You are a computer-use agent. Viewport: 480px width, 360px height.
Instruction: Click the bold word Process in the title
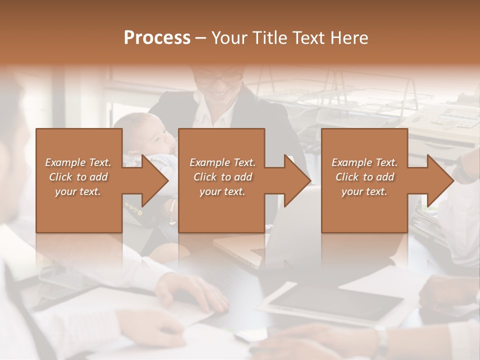[157, 38]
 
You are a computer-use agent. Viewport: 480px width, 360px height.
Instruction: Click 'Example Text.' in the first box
[78, 162]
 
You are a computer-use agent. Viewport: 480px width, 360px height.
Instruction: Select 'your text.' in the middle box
[222, 191]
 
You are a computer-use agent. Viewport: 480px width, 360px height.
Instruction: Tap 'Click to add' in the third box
[365, 177]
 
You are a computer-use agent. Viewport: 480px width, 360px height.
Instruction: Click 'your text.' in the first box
[78, 191]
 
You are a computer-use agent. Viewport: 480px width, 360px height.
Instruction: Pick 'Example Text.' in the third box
[365, 162]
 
